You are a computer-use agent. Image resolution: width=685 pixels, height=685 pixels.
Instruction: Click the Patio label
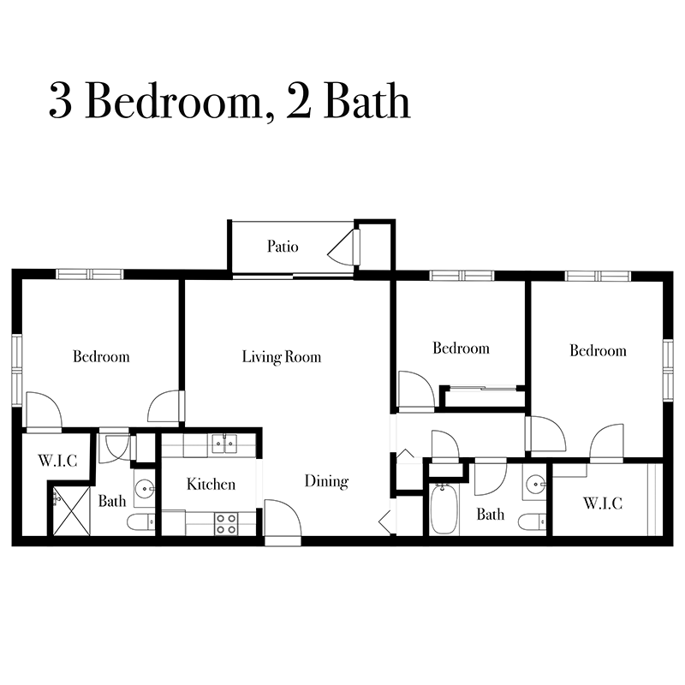pos(283,247)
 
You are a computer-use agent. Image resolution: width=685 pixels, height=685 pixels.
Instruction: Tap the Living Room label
pos(281,356)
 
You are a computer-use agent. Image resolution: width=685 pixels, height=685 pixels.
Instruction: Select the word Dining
pos(326,481)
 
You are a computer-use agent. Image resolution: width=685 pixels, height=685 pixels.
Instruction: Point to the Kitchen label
pos(211,485)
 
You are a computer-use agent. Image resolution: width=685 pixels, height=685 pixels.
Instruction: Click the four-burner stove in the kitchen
pos(227,523)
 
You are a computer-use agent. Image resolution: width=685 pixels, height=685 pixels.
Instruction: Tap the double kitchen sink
pos(224,444)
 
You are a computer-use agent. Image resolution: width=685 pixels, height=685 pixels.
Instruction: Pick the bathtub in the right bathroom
pos(443,509)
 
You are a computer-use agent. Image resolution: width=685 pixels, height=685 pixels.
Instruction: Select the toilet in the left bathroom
pos(140,521)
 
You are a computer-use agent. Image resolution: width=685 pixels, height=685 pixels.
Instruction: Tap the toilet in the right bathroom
pos(532,521)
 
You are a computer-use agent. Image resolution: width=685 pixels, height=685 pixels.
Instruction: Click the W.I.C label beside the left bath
pos(57,461)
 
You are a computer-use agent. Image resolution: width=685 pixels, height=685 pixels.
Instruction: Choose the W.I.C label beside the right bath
pos(604,503)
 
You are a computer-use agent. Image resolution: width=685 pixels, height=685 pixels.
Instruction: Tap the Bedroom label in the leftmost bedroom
pos(101,356)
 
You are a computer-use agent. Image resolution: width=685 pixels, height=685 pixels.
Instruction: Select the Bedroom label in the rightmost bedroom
pos(598,351)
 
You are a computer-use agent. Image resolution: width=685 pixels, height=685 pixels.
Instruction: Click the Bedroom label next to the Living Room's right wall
pos(461,348)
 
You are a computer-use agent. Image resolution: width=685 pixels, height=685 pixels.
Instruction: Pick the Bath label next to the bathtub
pos(491,515)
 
